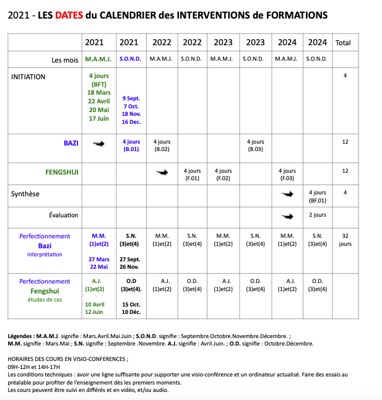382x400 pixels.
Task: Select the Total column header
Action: tap(342, 43)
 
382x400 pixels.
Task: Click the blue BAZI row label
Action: tap(71, 142)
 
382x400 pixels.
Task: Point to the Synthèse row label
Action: tap(25, 194)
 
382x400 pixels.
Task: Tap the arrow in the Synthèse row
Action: tap(287, 194)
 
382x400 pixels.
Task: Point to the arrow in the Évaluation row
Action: tap(287, 216)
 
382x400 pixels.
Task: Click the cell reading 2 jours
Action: tap(317, 215)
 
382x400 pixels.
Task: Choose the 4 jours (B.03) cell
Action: tap(256, 146)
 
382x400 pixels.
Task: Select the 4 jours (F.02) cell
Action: tap(223, 175)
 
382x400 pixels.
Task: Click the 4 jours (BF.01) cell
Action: tap(317, 196)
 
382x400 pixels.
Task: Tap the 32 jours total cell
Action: tap(345, 240)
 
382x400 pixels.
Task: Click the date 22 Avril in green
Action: tap(99, 101)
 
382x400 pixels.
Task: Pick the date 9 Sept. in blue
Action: tap(131, 98)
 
